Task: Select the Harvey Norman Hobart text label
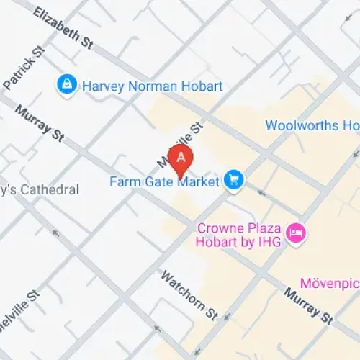click(152, 86)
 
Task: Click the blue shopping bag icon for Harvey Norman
click(66, 86)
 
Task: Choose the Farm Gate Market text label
click(164, 181)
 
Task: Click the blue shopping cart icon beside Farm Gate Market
click(233, 180)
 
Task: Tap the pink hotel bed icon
click(295, 233)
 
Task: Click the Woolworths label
click(312, 125)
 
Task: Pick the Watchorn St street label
click(189, 294)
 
